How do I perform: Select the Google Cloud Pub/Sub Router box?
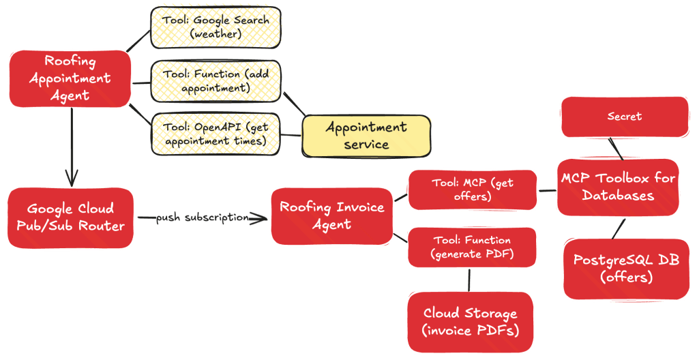[70, 217]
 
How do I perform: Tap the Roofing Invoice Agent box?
[332, 215]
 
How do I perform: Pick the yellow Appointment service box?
[366, 136]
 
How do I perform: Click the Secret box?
[625, 117]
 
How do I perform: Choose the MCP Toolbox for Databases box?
[618, 187]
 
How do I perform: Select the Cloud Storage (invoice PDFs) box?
[470, 322]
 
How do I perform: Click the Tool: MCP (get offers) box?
[472, 190]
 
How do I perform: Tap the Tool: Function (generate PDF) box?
[472, 247]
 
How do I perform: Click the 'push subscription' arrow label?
[201, 217]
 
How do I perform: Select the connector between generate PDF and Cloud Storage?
[469, 280]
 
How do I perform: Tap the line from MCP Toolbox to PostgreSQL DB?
[617, 227]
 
